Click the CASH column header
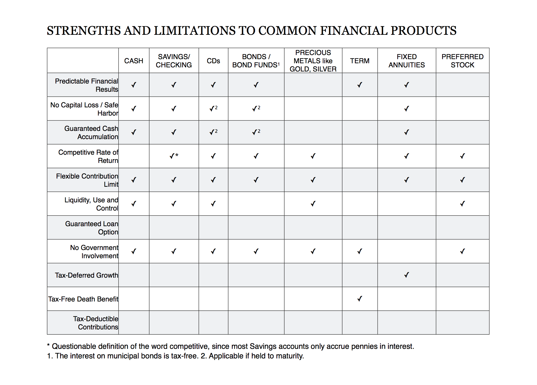(133, 61)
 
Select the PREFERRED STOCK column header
(462, 61)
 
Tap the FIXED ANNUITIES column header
(407, 61)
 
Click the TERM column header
(360, 61)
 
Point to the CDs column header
(213, 61)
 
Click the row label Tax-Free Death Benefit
(83, 299)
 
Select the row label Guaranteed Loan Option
(92, 228)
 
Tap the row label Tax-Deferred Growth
(86, 275)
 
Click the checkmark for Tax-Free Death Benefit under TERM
(360, 299)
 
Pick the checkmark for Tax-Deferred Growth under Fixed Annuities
(407, 275)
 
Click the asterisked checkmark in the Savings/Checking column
(174, 156)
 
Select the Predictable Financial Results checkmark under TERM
(360, 85)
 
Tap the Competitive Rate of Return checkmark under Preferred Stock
(462, 156)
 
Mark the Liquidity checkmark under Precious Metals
(313, 204)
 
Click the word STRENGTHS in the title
(84, 31)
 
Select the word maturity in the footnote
(290, 356)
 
